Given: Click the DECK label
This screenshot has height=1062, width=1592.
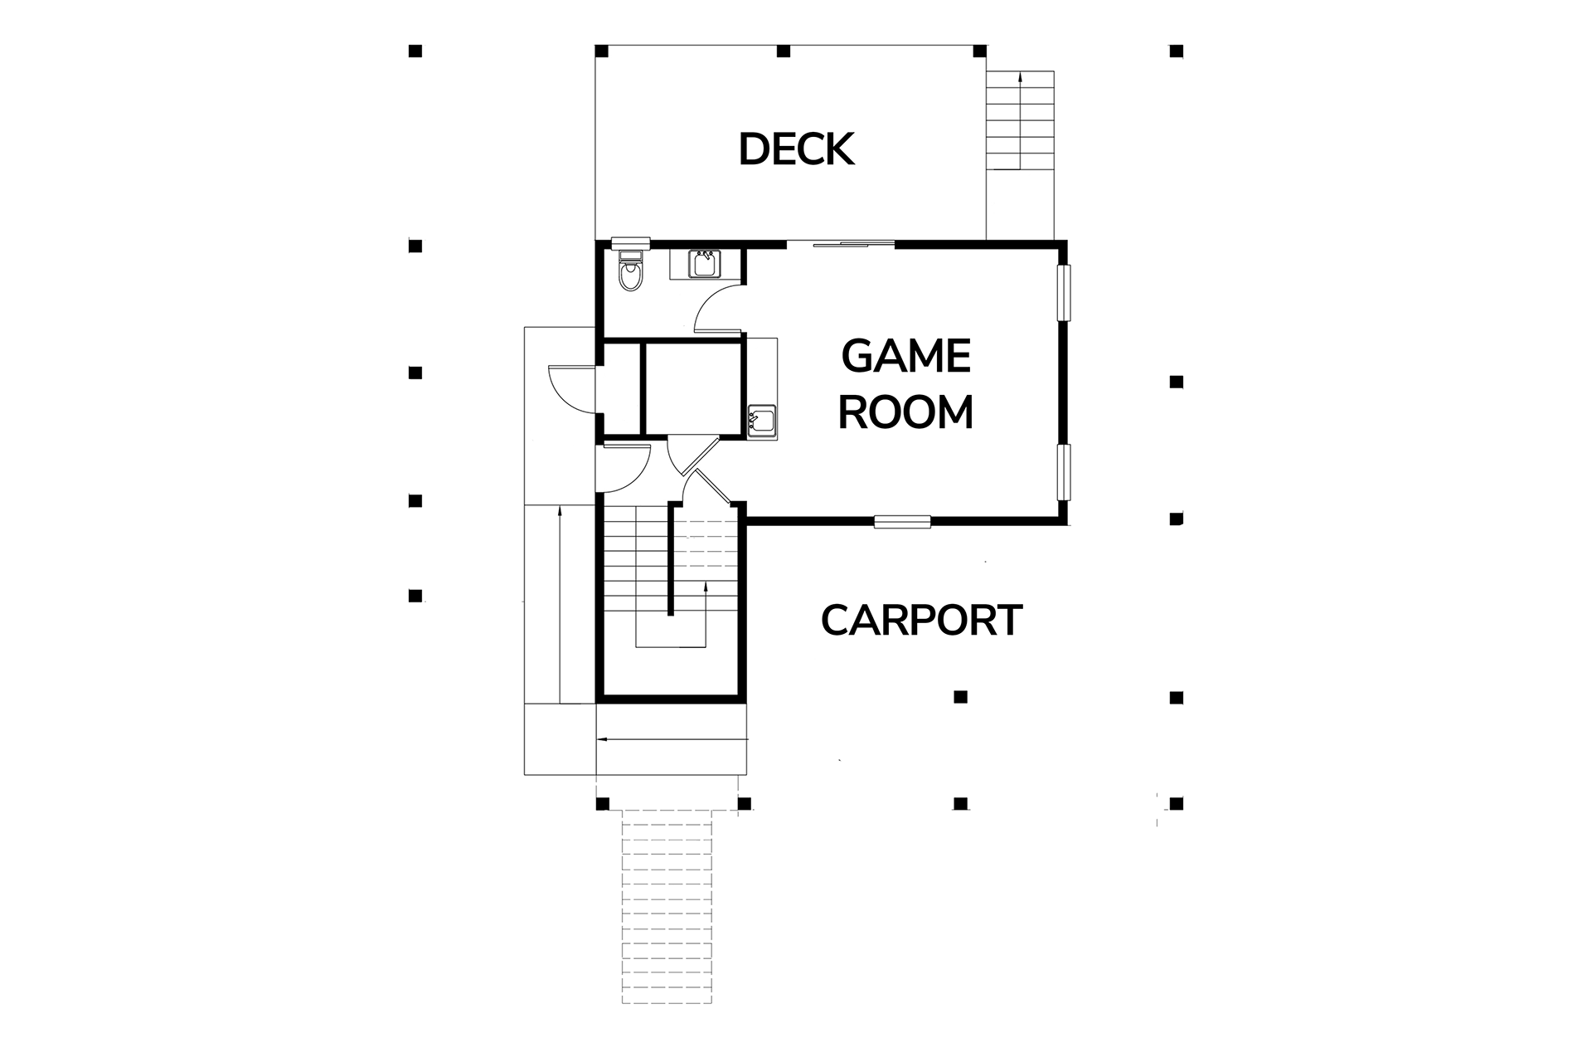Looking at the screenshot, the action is point(796,149).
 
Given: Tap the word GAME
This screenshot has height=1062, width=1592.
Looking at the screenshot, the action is point(905,357).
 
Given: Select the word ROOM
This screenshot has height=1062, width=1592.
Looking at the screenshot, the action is point(905,412).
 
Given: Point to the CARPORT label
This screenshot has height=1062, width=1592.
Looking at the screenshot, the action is point(921,620).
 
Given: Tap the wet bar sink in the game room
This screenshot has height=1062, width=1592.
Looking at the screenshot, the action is point(761,421).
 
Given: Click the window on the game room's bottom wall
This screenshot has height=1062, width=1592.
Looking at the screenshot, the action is point(903,521).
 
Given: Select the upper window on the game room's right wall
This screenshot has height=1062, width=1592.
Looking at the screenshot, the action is point(1064,292).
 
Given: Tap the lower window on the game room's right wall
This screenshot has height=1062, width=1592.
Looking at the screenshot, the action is point(1064,472).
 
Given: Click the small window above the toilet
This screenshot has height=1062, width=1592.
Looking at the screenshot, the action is point(629,242).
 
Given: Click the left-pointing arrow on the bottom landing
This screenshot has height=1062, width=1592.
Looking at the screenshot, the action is point(672,738).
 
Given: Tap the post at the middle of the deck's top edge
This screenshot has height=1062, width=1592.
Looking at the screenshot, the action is point(784,51).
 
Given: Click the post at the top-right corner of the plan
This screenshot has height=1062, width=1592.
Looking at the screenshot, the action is point(1176,51).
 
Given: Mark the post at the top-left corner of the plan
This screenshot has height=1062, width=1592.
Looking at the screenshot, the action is point(415,51).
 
